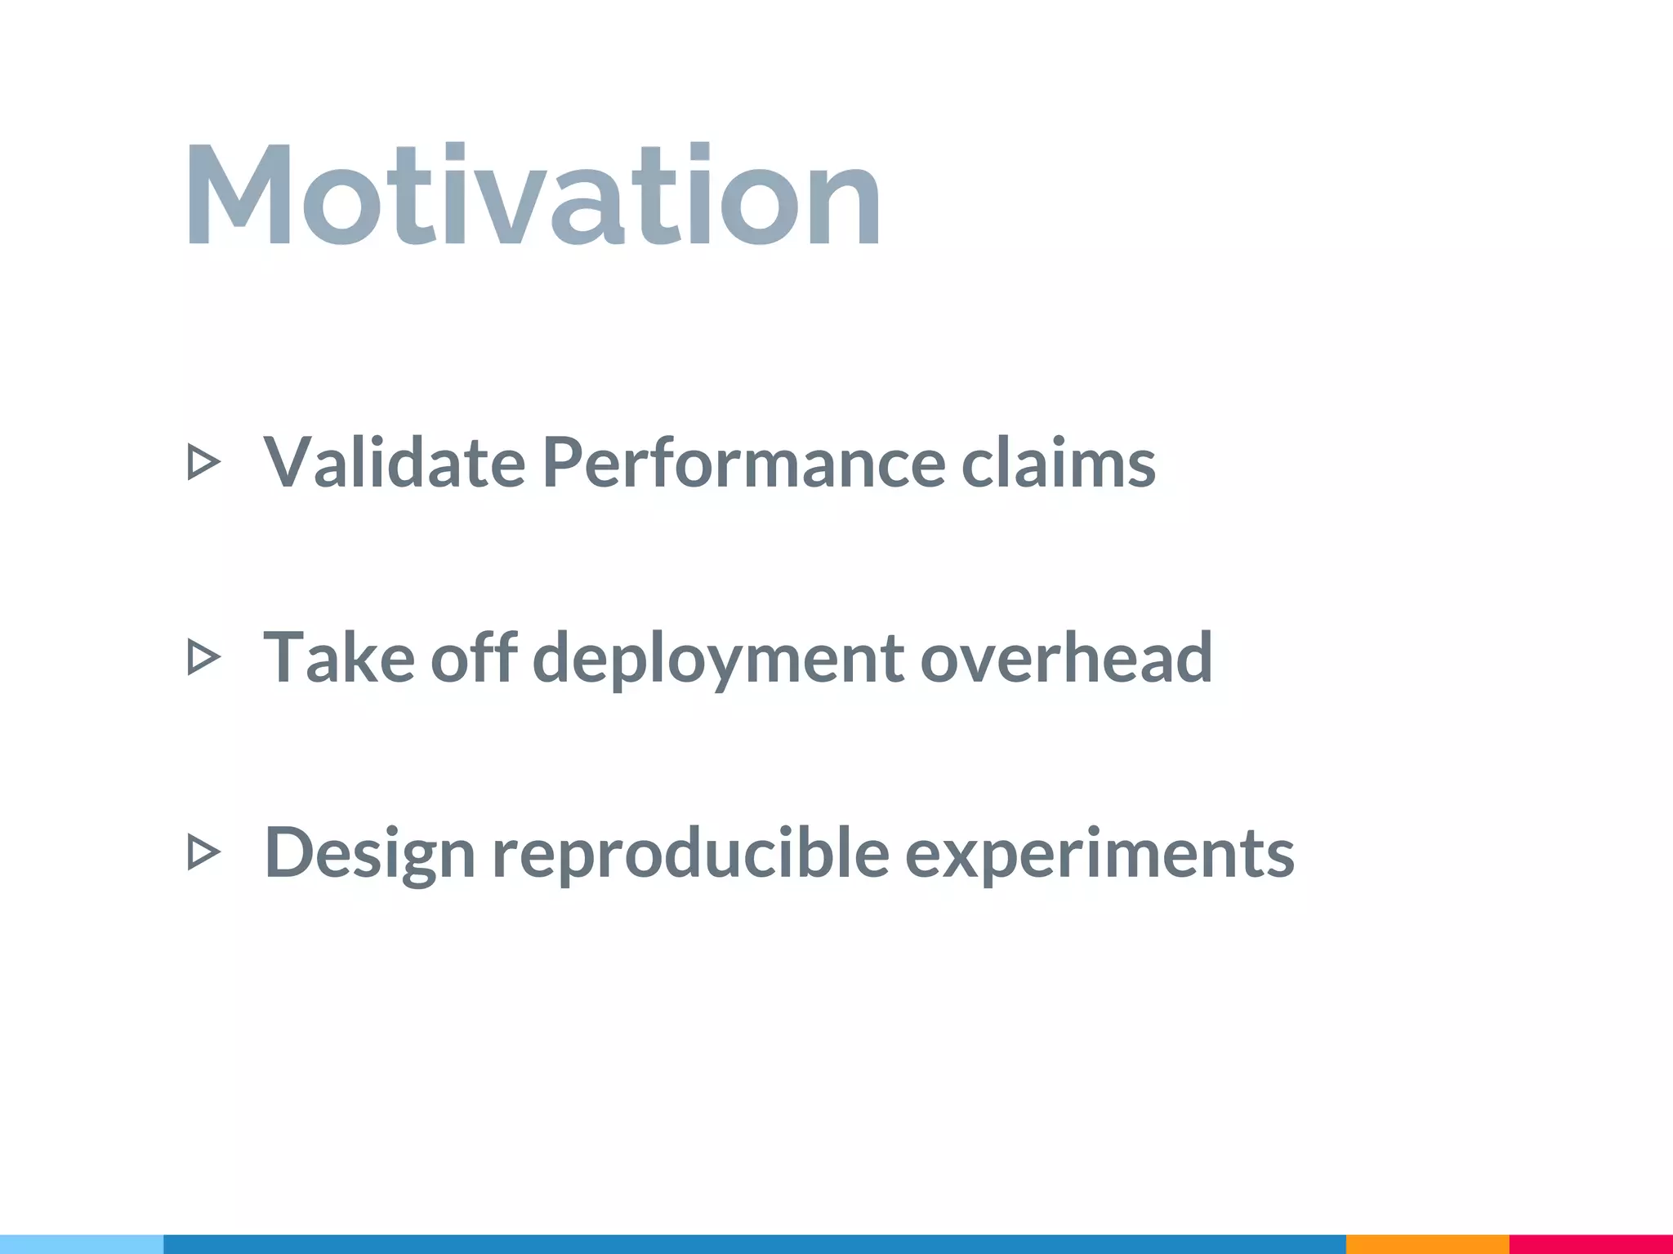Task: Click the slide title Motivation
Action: tap(533, 196)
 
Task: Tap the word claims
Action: tap(1058, 463)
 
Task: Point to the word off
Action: tap(474, 657)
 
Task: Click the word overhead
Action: tap(1066, 657)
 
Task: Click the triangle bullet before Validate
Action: tap(203, 462)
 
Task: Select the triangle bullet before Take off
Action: tap(203, 657)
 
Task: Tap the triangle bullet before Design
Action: tap(203, 852)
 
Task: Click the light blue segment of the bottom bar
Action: tap(82, 1244)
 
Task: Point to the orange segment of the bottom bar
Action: tap(1427, 1244)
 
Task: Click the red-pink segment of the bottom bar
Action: tap(1590, 1244)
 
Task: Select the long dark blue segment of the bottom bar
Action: tap(754, 1244)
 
